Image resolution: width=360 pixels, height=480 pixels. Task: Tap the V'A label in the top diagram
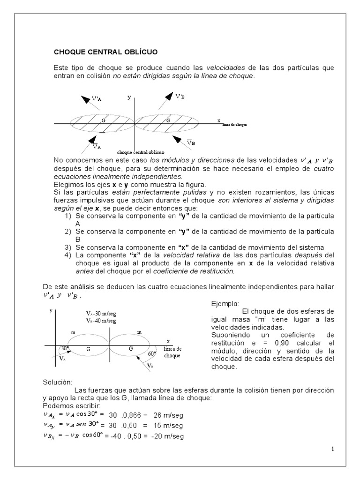pyautogui.click(x=97, y=98)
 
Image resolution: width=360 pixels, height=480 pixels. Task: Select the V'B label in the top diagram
pyautogui.click(x=180, y=97)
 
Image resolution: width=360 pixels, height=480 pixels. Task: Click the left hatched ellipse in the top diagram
pyautogui.click(x=102, y=122)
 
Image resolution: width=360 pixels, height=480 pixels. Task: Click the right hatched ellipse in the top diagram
pyautogui.click(x=167, y=122)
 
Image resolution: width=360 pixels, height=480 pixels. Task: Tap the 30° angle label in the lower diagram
pyautogui.click(x=65, y=348)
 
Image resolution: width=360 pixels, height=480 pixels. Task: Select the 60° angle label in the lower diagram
pyautogui.click(x=152, y=354)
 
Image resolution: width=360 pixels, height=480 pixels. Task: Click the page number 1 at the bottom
pyautogui.click(x=333, y=449)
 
